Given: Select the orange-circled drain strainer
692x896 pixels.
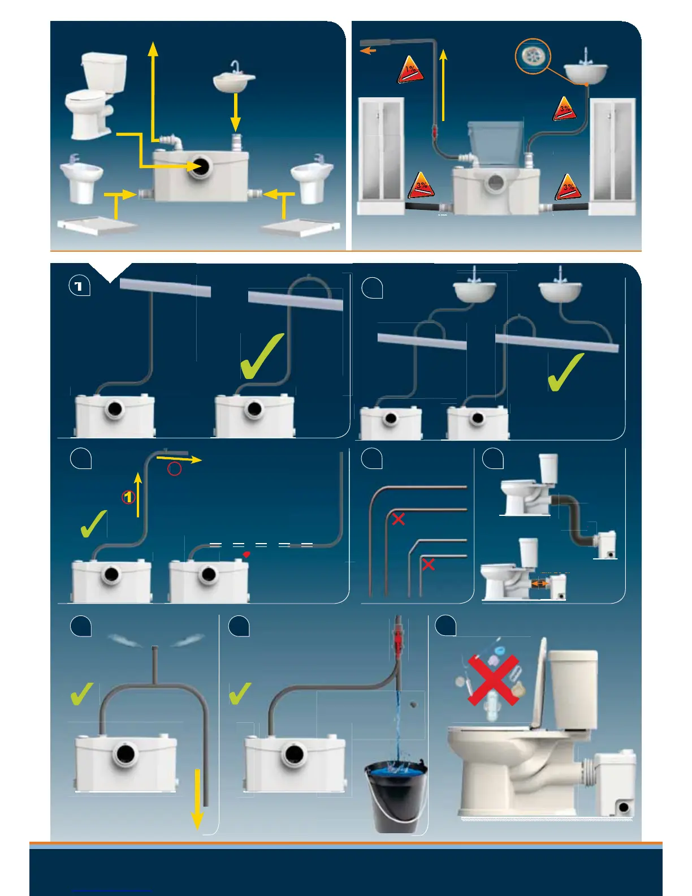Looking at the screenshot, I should coord(533,56).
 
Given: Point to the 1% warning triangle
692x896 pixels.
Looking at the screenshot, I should coord(411,71).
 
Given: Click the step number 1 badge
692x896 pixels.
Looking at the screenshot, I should coord(79,286).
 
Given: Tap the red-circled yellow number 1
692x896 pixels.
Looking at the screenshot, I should coord(129,497).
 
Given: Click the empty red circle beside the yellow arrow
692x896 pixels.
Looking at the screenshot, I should coord(174,468).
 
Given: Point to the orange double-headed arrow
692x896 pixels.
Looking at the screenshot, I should coord(539,584).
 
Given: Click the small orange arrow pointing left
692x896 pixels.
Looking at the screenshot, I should coord(368,51).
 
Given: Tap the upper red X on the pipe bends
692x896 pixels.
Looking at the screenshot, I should coord(399,519).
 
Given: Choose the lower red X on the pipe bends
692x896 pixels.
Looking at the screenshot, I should coord(428,564).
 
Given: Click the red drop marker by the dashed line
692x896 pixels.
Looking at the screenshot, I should coord(246,555).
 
